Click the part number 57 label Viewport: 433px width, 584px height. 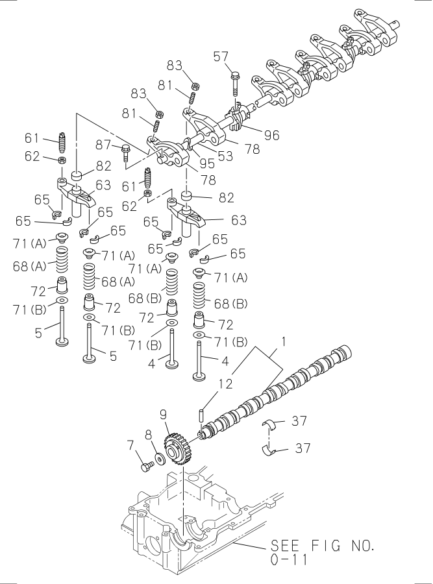pyautogui.click(x=221, y=57)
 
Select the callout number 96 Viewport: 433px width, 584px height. pyautogui.click(x=271, y=136)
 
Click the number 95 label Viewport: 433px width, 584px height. pyautogui.click(x=207, y=164)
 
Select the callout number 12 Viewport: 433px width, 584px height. pyautogui.click(x=224, y=384)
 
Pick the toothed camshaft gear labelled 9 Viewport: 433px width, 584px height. pyautogui.click(x=177, y=448)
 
